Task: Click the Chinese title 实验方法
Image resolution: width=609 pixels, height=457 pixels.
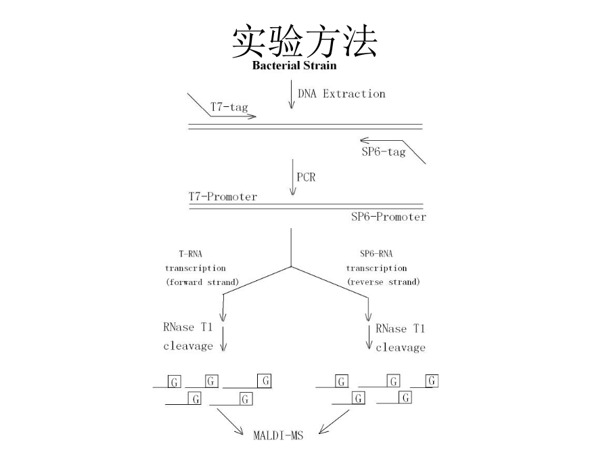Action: coord(304,41)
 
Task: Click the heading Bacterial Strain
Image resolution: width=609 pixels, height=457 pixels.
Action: coord(294,65)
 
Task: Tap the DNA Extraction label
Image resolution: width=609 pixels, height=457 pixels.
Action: coord(342,93)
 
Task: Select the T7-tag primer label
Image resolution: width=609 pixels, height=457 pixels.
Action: coord(229,107)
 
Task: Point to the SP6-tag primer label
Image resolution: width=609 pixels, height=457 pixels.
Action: coord(384,152)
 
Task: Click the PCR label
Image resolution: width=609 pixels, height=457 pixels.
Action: coord(306,177)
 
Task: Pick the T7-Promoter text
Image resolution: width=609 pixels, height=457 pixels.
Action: coord(223,196)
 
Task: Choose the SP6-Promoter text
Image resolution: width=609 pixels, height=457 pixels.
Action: coord(388,217)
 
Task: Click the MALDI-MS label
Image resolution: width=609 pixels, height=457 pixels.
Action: coord(278,435)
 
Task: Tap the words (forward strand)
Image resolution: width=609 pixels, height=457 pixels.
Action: coord(202,282)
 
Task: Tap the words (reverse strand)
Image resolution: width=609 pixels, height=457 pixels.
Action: coord(384,282)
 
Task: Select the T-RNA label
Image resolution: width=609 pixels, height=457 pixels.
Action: coord(190,254)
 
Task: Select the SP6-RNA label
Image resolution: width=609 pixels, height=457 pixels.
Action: coord(376,254)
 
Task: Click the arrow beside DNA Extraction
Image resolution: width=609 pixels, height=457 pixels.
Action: coord(291,94)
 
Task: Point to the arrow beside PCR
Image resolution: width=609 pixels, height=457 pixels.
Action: coord(293,177)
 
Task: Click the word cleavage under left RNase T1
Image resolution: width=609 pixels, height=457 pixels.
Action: coord(188,346)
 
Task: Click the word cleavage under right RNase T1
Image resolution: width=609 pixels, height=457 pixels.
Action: coord(401,348)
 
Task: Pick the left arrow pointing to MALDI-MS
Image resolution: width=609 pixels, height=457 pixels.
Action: coord(230,422)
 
